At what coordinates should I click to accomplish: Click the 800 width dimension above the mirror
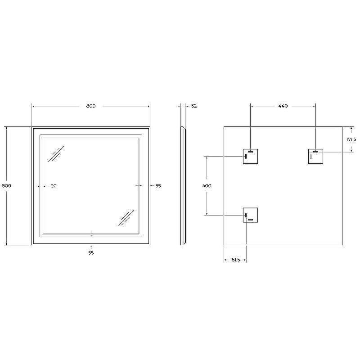coord(90,106)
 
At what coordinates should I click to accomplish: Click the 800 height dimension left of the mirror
coord(6,185)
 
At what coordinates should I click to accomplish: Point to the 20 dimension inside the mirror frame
coord(54,185)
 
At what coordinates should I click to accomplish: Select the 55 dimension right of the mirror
coord(158,185)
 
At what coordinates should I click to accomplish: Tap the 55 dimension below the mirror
coord(91,253)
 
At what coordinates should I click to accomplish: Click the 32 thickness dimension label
coord(194,106)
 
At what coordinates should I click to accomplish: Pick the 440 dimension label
coord(283,106)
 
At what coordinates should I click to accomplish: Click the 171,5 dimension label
coord(351,139)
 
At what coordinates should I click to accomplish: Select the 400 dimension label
coord(207,185)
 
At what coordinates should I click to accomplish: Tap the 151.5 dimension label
coord(234,260)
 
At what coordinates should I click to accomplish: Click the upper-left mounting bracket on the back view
coord(250,156)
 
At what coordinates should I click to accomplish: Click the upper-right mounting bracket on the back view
coord(315,156)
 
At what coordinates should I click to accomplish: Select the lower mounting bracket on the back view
coord(250,215)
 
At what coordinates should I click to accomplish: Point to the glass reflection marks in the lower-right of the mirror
coord(126,218)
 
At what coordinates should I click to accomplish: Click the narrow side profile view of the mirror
coord(183,185)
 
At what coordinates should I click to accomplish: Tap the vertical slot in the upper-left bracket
coord(246,157)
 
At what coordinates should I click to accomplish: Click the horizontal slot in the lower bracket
coord(251,220)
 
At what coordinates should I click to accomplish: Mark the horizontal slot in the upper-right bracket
coord(316,152)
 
